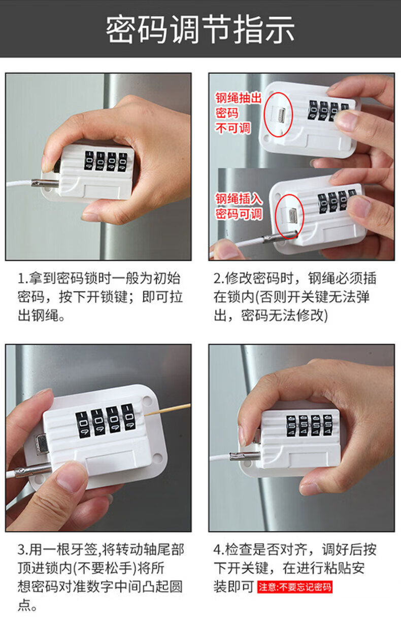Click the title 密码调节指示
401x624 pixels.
pyautogui.click(x=200, y=29)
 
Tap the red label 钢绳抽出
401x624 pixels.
pyautogui.click(x=238, y=98)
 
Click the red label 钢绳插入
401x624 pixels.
pyautogui.click(x=239, y=199)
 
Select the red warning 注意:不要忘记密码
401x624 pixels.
pyautogui.click(x=294, y=587)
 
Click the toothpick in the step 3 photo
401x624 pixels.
pyautogui.click(x=167, y=410)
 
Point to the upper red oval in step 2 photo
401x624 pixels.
pyautogui.click(x=278, y=114)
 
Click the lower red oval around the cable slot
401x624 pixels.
pyautogui.click(x=289, y=217)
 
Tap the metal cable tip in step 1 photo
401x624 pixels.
pyautogui.click(x=45, y=183)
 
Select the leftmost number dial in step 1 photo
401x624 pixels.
pyautogui.click(x=89, y=161)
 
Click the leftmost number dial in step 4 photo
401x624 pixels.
pyautogui.click(x=291, y=425)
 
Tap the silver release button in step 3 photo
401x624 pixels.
pyautogui.click(x=42, y=444)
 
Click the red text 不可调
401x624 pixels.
pyautogui.click(x=232, y=128)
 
